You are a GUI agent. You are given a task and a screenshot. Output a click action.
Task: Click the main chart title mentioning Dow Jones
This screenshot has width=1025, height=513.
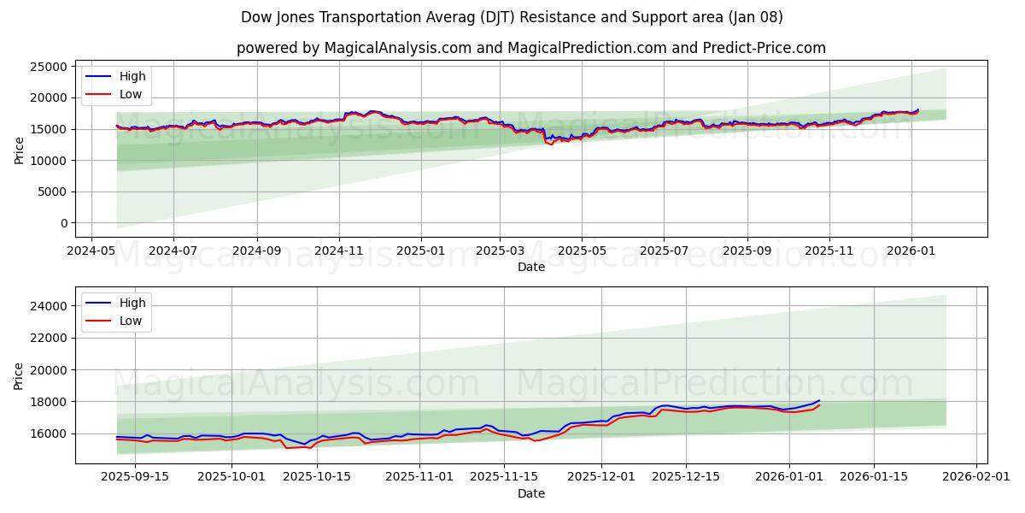512,17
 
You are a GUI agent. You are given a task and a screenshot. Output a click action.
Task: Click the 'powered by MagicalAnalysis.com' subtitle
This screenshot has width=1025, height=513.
530,48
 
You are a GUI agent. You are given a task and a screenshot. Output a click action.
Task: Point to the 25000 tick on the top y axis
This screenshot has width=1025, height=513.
49,67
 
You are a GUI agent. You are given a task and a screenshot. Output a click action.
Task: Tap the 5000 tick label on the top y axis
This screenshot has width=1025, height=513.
53,192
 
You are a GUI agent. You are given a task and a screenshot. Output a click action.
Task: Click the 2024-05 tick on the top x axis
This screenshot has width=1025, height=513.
91,251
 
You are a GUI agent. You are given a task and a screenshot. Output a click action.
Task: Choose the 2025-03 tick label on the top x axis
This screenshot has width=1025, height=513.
500,251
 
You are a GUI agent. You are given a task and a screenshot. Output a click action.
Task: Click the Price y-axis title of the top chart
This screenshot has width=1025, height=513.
20,150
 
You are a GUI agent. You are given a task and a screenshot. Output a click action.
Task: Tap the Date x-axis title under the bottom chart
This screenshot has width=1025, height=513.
530,493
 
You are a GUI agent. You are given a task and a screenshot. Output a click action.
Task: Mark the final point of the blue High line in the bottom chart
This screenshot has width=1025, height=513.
819,400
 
